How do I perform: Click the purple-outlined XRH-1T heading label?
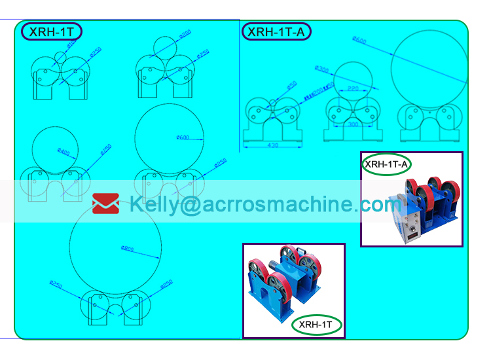pos(52,31)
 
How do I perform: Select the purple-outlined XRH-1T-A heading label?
pos(276,31)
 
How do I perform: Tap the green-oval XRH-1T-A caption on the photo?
pos(387,164)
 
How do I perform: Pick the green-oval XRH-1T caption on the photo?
pos(317,323)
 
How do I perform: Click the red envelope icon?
pos(105,204)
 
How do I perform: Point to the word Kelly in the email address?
pos(153,204)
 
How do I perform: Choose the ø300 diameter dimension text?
pos(321,68)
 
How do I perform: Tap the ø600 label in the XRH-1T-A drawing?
pos(359,40)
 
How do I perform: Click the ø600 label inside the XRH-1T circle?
pos(183,137)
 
